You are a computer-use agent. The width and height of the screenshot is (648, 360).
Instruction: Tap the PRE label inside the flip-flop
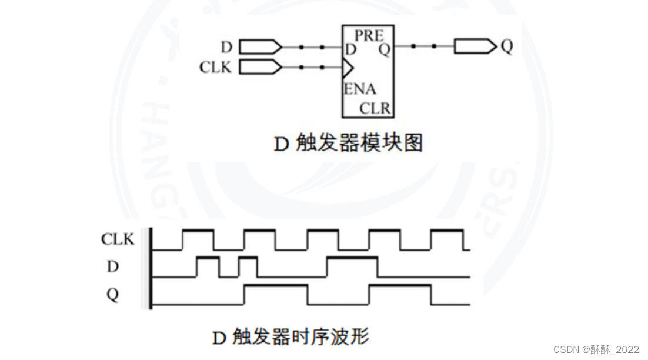tap(369, 36)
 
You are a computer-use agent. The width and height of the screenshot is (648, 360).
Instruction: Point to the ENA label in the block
tap(360, 90)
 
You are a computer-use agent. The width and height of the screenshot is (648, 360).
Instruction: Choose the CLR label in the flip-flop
tap(375, 109)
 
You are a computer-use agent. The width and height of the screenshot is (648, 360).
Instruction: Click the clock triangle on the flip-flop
tap(348, 68)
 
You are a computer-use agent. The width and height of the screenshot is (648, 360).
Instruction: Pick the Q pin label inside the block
tap(384, 49)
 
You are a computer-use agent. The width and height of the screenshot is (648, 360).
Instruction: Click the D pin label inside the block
tap(350, 49)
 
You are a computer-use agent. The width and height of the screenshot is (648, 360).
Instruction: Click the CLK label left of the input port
tap(215, 68)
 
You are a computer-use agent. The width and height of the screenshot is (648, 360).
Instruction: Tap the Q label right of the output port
tap(507, 46)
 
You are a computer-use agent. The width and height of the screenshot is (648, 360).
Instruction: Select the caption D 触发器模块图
tap(348, 143)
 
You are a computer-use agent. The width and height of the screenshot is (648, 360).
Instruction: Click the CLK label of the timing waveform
tap(118, 239)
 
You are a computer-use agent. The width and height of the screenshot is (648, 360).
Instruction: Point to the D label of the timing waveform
tap(112, 266)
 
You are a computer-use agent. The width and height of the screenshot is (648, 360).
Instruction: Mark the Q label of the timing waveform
tap(112, 294)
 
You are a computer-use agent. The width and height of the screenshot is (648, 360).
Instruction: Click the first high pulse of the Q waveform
tap(276, 286)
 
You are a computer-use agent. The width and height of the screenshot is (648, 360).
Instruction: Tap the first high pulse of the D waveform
tap(208, 258)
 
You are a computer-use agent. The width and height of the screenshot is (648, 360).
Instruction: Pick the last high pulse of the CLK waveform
tap(447, 231)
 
